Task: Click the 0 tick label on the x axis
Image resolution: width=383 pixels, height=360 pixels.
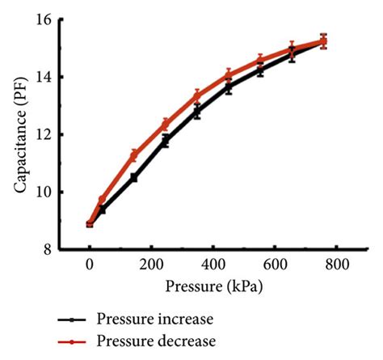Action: (x=89, y=265)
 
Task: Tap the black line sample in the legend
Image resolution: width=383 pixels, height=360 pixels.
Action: (x=71, y=319)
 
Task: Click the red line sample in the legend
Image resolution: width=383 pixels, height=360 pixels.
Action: (x=71, y=341)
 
